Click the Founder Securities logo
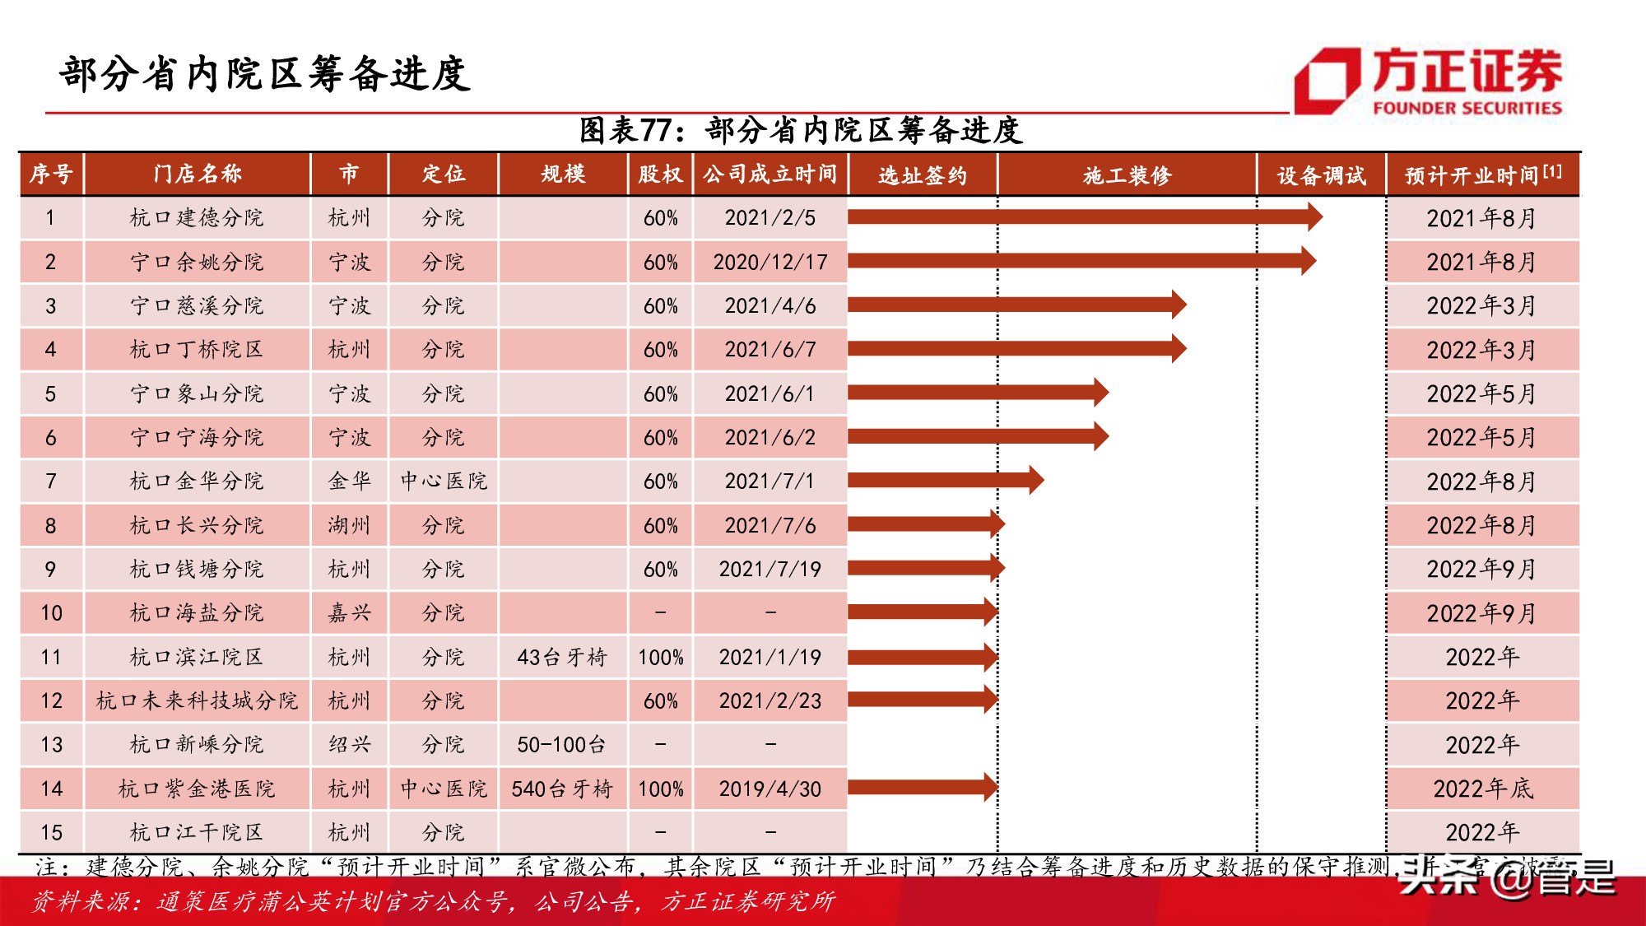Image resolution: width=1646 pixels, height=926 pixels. point(1428,81)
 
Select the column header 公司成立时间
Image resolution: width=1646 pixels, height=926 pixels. point(770,174)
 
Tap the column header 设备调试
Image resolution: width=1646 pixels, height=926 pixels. point(1321,174)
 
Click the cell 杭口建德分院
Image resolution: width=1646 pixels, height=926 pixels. point(197,217)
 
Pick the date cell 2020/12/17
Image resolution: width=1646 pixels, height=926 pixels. point(770,262)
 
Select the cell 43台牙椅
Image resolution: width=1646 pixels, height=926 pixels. point(562,657)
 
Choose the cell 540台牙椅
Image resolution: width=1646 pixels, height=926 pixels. point(562,789)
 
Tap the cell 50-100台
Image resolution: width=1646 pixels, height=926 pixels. point(562,745)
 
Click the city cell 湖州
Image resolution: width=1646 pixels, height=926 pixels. point(350,525)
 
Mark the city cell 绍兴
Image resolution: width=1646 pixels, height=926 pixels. point(350,745)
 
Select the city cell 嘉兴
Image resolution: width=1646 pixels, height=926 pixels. point(350,613)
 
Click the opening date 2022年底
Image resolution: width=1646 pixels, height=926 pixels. point(1482,789)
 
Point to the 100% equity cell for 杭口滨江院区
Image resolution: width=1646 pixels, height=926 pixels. point(660,657)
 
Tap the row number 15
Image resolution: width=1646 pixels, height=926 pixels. point(51,832)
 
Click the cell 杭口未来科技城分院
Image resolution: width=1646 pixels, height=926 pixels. point(197,700)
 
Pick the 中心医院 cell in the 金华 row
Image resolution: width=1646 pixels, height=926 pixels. point(444,481)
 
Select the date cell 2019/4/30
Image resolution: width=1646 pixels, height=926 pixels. point(770,789)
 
